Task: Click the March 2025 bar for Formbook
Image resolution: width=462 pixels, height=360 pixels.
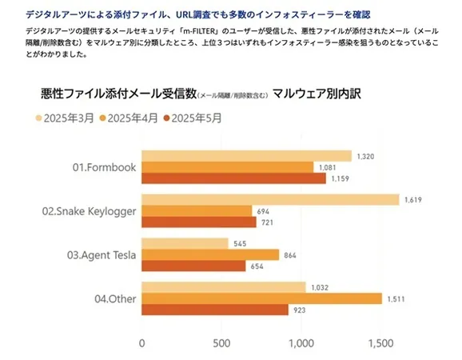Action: click(247, 156)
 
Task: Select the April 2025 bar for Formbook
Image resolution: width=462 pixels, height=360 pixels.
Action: click(228, 167)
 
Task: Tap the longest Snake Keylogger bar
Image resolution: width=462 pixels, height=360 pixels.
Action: click(270, 200)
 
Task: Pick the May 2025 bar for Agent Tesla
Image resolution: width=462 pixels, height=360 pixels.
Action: click(193, 266)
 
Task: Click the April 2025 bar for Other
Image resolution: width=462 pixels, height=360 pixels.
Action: click(262, 298)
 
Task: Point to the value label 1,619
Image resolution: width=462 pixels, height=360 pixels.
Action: click(412, 200)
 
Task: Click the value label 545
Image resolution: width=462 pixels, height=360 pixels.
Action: click(240, 244)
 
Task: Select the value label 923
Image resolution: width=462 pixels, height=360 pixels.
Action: click(300, 310)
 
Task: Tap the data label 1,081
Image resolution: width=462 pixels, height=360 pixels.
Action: click(328, 167)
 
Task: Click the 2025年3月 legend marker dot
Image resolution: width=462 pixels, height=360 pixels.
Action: click(38, 118)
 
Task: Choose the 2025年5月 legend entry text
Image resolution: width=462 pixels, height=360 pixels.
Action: click(197, 118)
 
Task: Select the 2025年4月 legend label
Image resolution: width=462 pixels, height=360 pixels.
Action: click(133, 118)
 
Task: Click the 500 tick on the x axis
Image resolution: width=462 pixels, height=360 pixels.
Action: click(221, 343)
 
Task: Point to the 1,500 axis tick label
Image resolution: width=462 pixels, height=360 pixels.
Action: click(380, 343)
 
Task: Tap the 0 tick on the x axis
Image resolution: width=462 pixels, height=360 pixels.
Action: click(141, 343)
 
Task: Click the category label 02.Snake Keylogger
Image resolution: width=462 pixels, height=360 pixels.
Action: click(89, 211)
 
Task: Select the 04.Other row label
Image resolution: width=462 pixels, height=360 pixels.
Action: click(115, 299)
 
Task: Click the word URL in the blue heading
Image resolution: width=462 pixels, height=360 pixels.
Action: click(184, 14)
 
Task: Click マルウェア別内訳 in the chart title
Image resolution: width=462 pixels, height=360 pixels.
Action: click(317, 94)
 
